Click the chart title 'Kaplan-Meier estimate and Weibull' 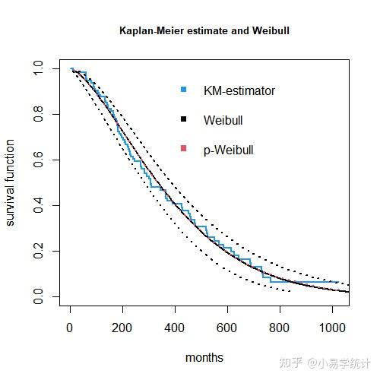[x=204, y=31]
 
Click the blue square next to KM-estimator [x=183, y=90]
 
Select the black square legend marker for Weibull [x=183, y=120]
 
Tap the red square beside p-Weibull [x=183, y=150]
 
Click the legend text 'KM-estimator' [x=239, y=91]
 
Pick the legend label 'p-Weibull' [x=228, y=150]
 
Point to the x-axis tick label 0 [x=70, y=328]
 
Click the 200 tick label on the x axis [x=122, y=328]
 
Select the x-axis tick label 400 [x=175, y=328]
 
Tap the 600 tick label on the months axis [x=227, y=328]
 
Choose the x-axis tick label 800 [x=280, y=328]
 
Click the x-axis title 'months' [x=204, y=356]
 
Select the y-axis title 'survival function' [x=11, y=182]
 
